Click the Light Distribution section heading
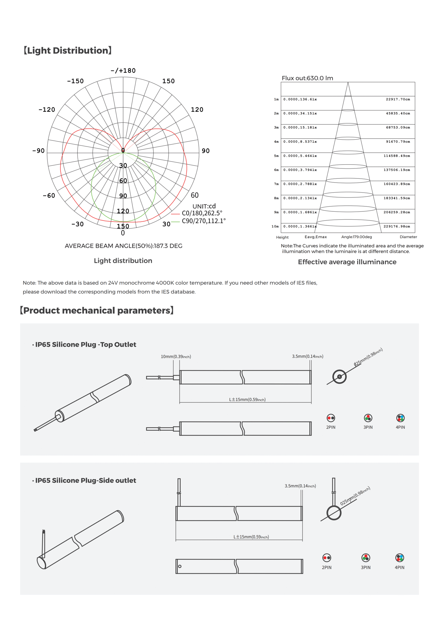point(67,50)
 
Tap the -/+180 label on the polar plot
point(123,70)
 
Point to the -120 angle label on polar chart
point(47,109)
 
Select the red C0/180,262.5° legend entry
point(202,213)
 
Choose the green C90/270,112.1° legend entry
point(203,221)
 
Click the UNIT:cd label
point(204,206)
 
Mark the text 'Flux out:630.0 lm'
point(307,78)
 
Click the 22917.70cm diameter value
point(398,99)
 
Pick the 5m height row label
point(276,156)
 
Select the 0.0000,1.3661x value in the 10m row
point(300,226)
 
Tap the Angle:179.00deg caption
point(356,237)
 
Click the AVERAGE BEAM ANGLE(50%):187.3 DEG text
point(123,246)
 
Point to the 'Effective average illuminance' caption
point(347,262)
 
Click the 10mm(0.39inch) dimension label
point(176,357)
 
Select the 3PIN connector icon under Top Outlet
point(368,418)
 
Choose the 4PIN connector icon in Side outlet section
point(400,557)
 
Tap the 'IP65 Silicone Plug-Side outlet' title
point(85,480)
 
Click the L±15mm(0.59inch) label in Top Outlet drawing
point(247,400)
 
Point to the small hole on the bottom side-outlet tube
point(180,566)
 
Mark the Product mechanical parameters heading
point(97,310)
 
